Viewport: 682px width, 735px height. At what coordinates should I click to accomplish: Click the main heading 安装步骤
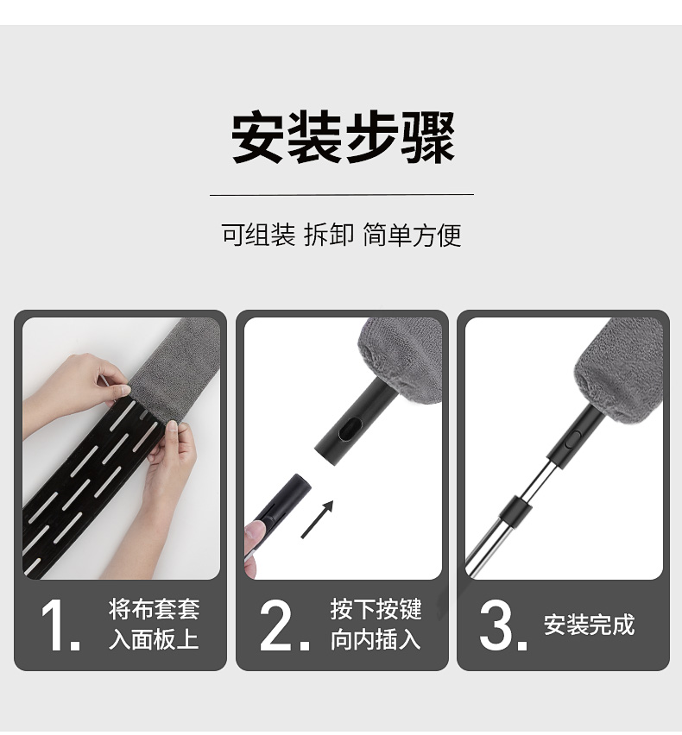click(x=343, y=137)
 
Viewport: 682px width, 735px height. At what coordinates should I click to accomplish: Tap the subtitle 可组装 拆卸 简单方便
click(x=342, y=235)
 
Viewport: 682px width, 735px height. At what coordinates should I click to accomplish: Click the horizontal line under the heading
click(x=342, y=194)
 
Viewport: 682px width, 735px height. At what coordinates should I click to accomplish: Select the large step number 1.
click(x=60, y=625)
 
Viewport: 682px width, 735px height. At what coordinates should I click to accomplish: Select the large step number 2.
click(x=284, y=625)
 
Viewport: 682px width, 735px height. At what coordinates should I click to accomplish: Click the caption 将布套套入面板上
click(x=154, y=624)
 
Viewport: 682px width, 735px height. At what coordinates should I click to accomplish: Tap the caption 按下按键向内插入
click(x=376, y=624)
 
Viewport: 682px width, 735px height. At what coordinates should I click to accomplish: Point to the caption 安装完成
click(x=589, y=625)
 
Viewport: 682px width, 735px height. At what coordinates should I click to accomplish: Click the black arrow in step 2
click(x=317, y=519)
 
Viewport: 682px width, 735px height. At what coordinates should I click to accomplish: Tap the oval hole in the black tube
click(x=350, y=429)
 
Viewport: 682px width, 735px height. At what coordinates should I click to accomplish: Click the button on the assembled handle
click(x=571, y=440)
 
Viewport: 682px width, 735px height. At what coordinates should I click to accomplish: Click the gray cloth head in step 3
click(x=620, y=371)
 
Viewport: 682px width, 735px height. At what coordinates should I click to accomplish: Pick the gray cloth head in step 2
click(x=400, y=360)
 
